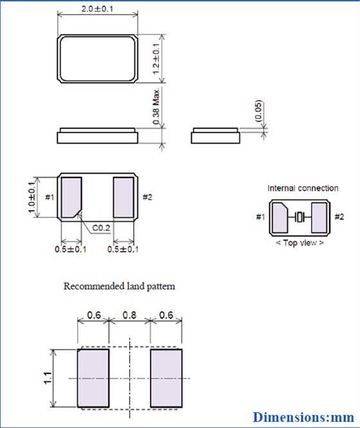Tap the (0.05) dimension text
(258, 112)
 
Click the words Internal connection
(303, 188)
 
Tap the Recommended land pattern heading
(119, 286)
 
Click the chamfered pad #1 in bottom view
(72, 197)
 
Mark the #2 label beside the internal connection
(339, 217)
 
